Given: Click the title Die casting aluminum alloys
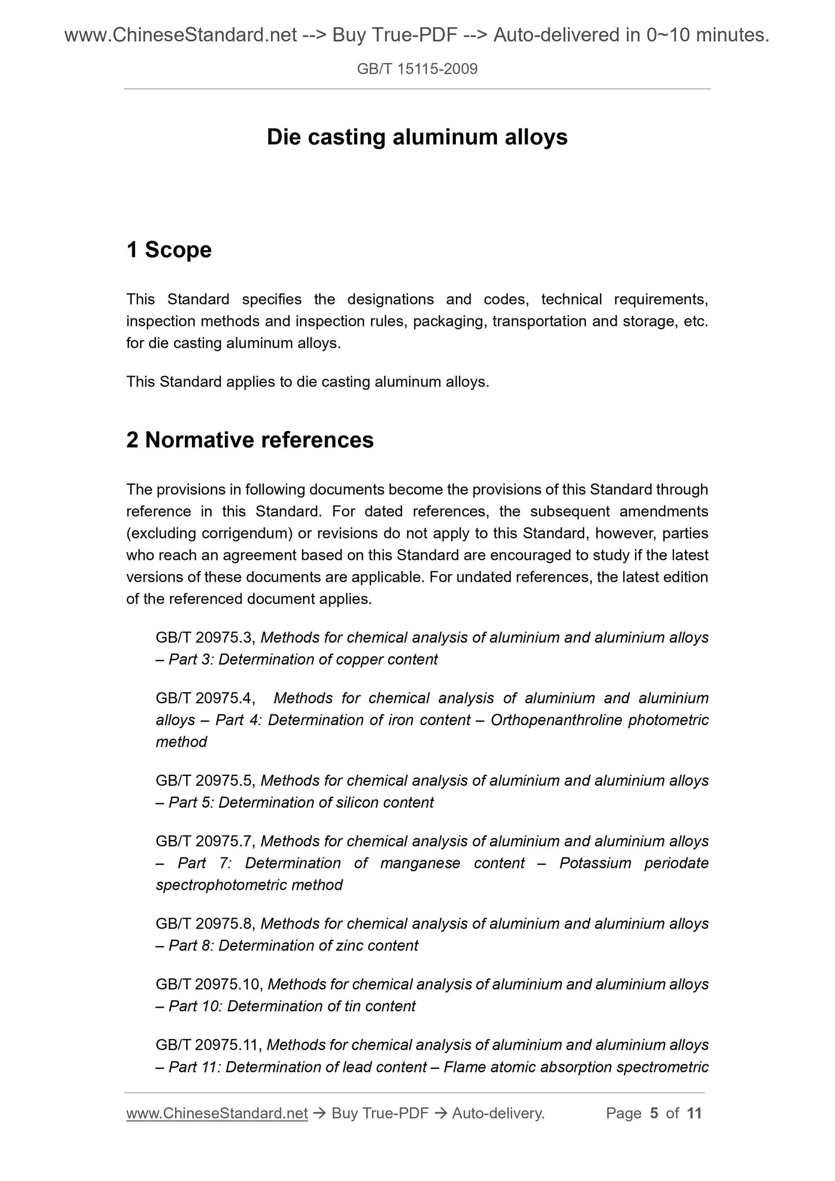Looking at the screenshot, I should (x=417, y=138).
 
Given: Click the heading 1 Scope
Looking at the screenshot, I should (x=169, y=250).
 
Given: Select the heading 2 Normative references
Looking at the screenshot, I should (x=250, y=440).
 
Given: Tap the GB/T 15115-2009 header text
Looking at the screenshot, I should (x=417, y=69).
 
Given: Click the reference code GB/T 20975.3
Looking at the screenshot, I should (x=206, y=638).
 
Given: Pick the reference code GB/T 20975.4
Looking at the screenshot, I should (x=206, y=699).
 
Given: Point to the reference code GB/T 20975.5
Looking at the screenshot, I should (x=206, y=781).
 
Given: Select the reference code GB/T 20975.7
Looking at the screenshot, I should (x=206, y=842).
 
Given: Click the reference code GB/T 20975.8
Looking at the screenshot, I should (x=206, y=924).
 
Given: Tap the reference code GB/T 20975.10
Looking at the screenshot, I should (x=209, y=985).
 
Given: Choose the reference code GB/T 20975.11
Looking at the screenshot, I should (x=209, y=1045).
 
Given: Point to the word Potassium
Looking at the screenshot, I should (x=595, y=864).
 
